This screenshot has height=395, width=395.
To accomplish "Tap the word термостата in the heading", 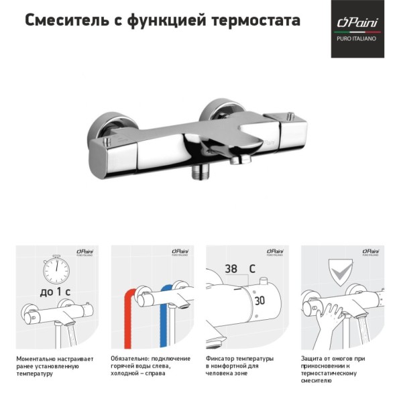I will click(258, 21).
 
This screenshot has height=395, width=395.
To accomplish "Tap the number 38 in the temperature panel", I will click(231, 268).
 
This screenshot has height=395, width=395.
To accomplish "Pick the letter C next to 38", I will click(252, 268).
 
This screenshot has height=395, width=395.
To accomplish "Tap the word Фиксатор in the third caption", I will click(221, 359).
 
